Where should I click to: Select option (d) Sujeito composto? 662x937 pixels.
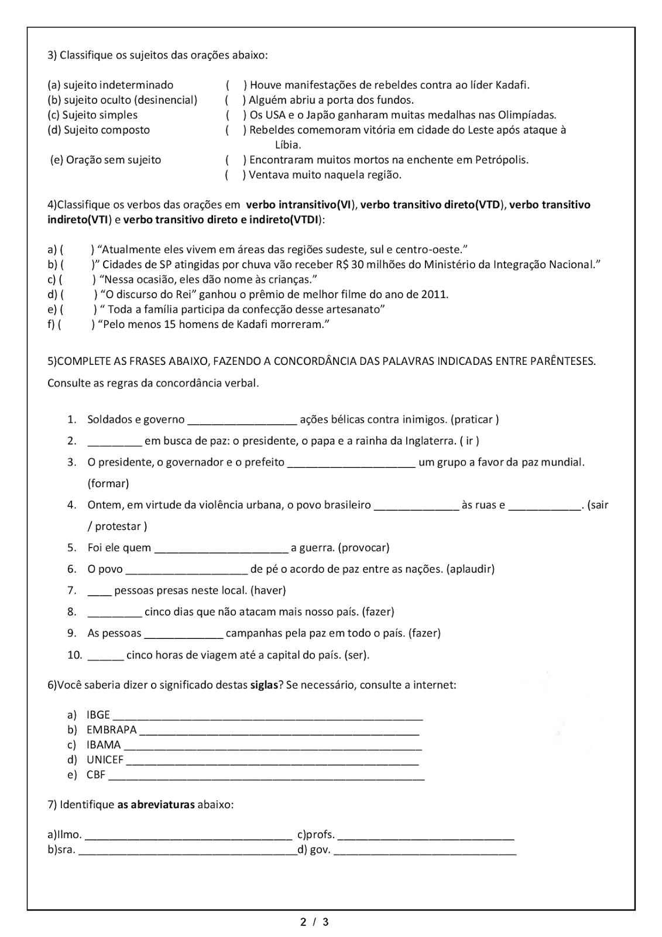pos(98,130)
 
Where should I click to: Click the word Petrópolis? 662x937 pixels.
pos(502,160)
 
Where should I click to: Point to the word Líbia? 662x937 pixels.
pos(287,145)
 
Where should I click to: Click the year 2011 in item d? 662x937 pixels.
pos(434,295)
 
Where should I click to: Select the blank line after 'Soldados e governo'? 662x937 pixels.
pos(242,420)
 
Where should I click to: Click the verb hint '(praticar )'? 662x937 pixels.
pos(476,420)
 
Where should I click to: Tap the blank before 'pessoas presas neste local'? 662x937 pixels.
pos(99,591)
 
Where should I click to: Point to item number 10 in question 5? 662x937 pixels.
pos(74,655)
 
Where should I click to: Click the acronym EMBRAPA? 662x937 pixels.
pos(111,730)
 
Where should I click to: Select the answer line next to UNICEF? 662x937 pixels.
pos(272,761)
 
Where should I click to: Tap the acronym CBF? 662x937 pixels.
pos(96,775)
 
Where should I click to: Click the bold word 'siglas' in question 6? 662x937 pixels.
pos(263,685)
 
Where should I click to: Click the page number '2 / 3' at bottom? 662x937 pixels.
pos(314,922)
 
